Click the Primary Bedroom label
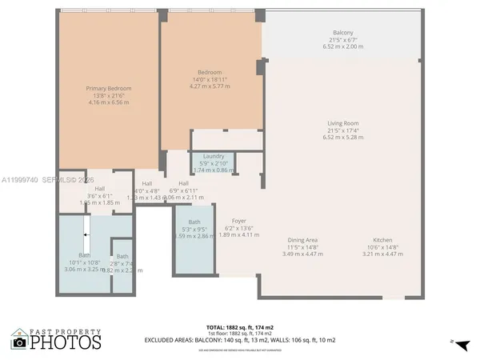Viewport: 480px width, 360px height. pyautogui.click(x=109, y=88)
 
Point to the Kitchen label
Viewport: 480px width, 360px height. pyautogui.click(x=382, y=240)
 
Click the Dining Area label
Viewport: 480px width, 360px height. pyautogui.click(x=303, y=240)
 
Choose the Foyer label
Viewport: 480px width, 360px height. pyautogui.click(x=239, y=221)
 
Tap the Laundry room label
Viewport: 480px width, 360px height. pyautogui.click(x=214, y=156)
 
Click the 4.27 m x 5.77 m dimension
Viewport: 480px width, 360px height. pyautogui.click(x=210, y=86)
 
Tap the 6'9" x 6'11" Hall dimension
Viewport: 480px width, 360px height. pyautogui.click(x=183, y=190)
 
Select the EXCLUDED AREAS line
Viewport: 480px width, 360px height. pyautogui.click(x=239, y=340)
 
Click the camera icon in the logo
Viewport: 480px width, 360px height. pyautogui.click(x=19, y=342)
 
